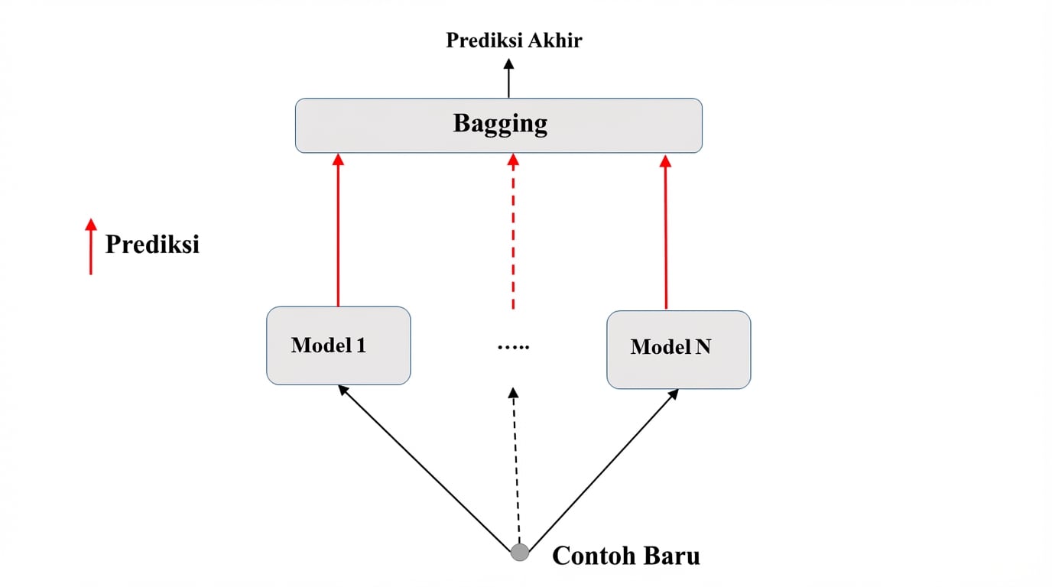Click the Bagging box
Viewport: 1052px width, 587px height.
coord(498,125)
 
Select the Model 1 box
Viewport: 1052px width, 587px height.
coord(338,345)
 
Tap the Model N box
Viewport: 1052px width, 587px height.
coord(678,349)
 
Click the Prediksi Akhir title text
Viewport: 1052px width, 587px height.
coord(514,41)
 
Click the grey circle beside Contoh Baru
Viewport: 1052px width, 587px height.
coord(520,552)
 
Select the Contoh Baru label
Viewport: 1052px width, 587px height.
coord(625,556)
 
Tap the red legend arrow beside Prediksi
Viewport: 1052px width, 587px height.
coord(91,246)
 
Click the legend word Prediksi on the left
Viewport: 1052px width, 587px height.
coord(152,245)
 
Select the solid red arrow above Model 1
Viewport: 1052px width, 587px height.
coord(338,229)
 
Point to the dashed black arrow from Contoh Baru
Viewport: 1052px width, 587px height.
coord(516,466)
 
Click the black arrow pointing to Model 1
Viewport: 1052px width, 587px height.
coord(424,466)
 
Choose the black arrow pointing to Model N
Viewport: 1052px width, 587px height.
coord(604,466)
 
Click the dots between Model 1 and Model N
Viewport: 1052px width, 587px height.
coord(513,347)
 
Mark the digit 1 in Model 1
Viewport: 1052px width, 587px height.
coord(361,345)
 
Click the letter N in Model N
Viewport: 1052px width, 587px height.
coord(703,347)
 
